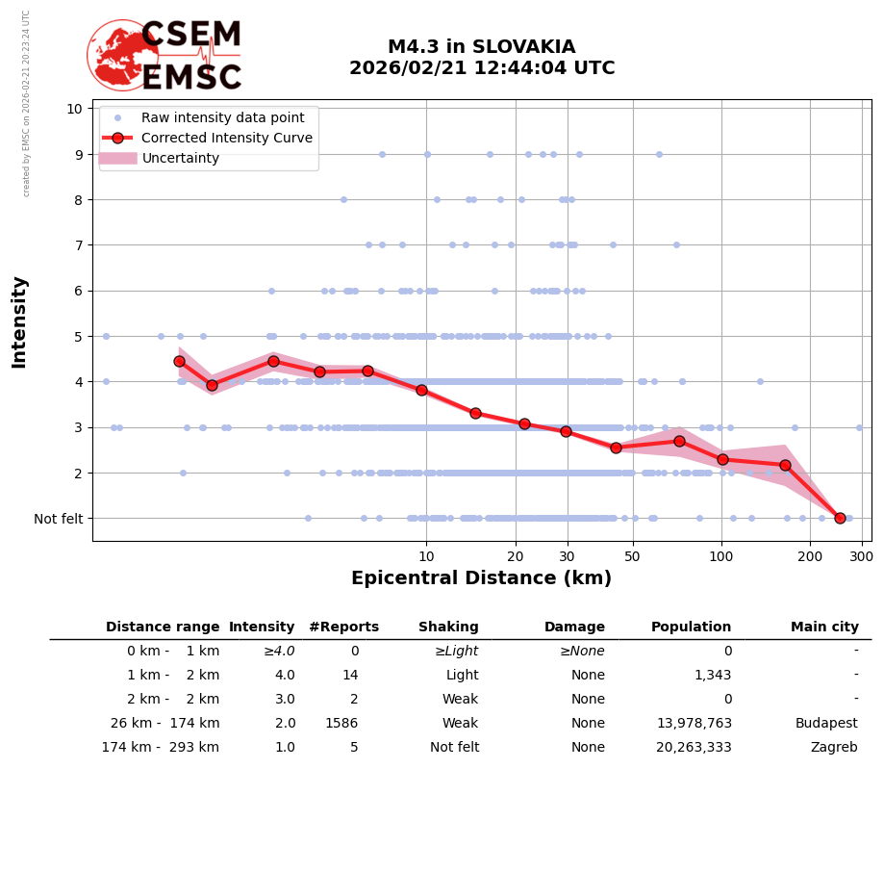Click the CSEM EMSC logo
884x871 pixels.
164,56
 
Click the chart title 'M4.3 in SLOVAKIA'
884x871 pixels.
481,47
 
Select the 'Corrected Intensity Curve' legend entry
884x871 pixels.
226,138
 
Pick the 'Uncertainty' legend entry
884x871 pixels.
181,158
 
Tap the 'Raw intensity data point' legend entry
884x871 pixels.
222,117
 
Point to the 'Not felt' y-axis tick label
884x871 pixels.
59,519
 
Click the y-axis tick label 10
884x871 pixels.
75,108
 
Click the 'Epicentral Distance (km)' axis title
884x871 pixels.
481,578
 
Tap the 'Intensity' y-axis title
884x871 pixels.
19,321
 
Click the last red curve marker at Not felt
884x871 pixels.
840,518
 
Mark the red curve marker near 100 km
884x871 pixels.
722,460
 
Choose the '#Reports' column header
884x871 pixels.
343,627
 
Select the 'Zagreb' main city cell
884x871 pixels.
834,747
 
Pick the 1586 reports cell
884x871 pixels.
341,723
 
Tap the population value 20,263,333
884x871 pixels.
694,747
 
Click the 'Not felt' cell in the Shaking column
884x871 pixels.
454,747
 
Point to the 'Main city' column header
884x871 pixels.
824,627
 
